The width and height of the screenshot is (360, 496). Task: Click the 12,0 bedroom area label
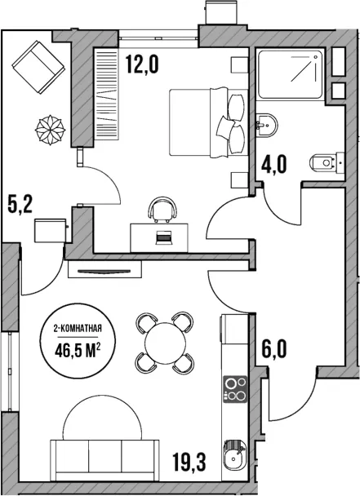point(141,64)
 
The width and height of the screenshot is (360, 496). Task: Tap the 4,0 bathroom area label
point(274,165)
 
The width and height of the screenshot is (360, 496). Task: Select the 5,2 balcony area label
point(20,205)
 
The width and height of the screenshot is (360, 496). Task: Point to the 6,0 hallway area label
point(274,349)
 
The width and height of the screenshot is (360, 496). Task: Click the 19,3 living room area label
point(189,462)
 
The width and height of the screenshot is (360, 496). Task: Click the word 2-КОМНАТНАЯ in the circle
point(78,328)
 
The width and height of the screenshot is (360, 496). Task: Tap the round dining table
point(165,343)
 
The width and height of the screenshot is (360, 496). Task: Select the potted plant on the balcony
point(50,130)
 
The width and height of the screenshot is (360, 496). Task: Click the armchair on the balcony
point(38,67)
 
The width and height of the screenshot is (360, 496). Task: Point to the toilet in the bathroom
point(327,162)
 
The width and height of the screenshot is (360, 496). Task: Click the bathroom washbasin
point(266,124)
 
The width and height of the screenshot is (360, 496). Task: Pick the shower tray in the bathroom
point(291,74)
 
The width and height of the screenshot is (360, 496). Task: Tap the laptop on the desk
point(164,237)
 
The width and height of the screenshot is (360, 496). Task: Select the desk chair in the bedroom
point(162,210)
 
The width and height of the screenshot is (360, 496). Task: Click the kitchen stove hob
point(235,389)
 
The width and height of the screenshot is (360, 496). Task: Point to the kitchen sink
point(235,454)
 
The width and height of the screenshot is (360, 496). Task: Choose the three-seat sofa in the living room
point(104,460)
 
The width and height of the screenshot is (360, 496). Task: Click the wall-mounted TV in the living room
point(104,270)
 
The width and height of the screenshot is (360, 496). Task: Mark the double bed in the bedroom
point(208,122)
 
